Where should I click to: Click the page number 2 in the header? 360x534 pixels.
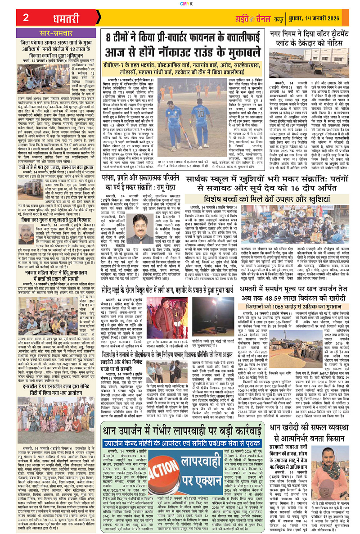tap(26, 18)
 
